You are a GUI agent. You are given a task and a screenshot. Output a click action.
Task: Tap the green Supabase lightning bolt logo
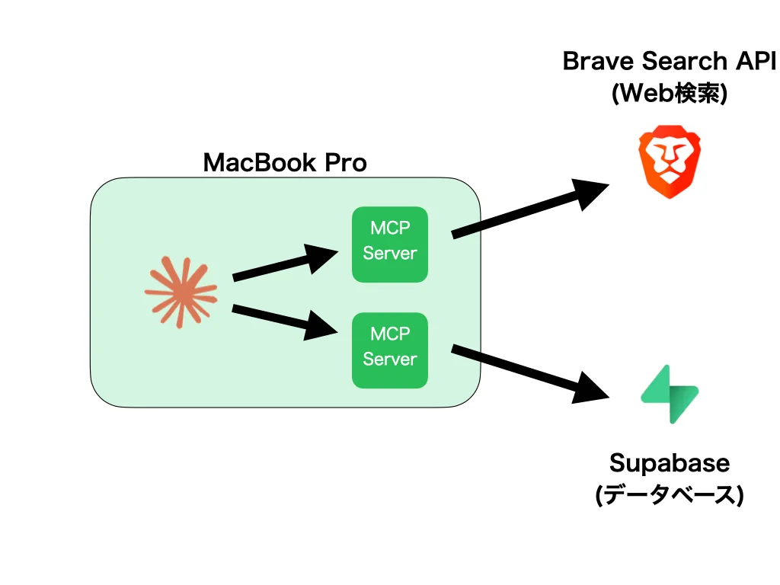(x=670, y=395)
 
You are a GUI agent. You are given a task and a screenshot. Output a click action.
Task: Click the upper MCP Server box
(x=389, y=245)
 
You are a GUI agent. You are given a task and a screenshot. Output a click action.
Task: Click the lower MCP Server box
(x=389, y=350)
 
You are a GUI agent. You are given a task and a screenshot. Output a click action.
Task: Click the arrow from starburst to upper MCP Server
(x=286, y=264)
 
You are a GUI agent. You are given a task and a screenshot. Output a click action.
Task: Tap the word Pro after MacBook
(x=345, y=162)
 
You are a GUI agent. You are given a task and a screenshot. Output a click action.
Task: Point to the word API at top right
(x=758, y=61)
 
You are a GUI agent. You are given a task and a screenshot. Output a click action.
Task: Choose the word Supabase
(x=670, y=463)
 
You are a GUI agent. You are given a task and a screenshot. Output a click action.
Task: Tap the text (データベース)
(x=670, y=495)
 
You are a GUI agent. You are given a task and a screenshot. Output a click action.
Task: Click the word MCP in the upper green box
(x=389, y=228)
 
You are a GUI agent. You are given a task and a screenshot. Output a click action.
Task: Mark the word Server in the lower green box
(x=389, y=359)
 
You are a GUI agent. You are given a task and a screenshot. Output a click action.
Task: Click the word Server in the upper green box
(x=389, y=253)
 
